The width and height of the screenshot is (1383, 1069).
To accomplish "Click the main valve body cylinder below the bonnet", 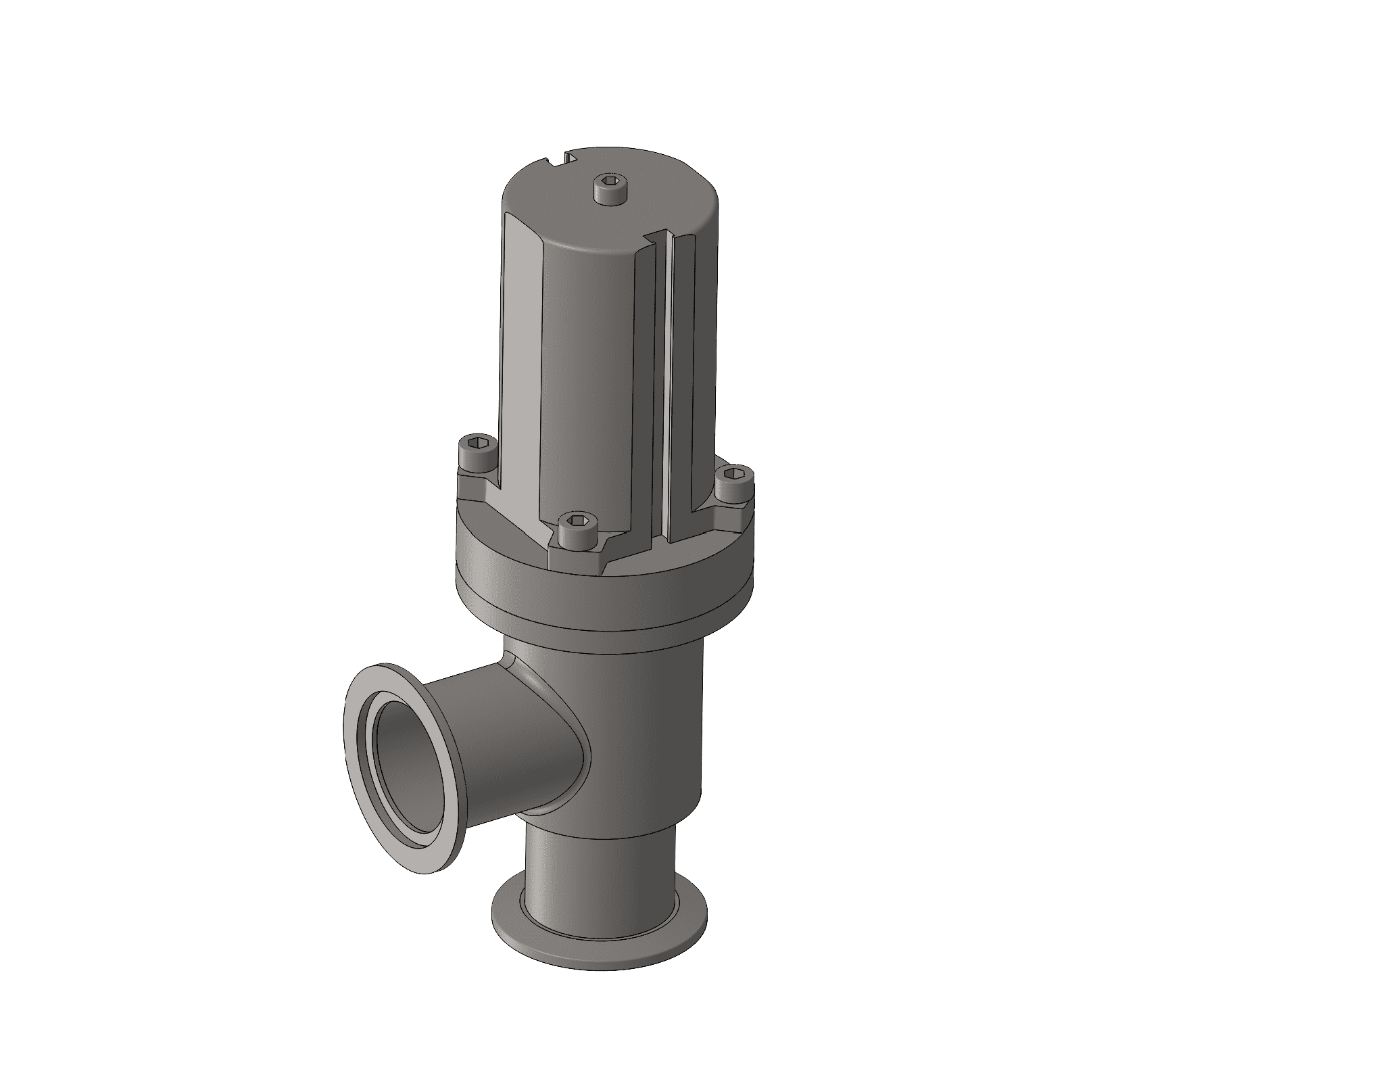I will [x=649, y=730].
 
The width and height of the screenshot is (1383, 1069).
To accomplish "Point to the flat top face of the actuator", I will [x=649, y=203].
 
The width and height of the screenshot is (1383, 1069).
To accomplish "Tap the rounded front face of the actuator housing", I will [x=588, y=379].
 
